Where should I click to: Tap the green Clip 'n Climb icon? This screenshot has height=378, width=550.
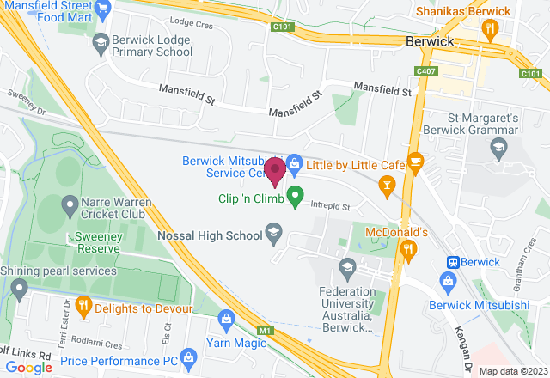pyautogui.click(x=295, y=198)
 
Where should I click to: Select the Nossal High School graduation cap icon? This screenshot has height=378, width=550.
pyautogui.click(x=274, y=230)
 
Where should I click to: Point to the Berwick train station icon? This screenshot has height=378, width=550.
pyautogui.click(x=450, y=262)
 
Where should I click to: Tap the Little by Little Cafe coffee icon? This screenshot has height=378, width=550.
pyautogui.click(x=415, y=161)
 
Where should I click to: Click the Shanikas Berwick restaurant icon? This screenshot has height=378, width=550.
pyautogui.click(x=490, y=29)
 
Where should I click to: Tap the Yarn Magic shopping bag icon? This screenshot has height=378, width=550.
pyautogui.click(x=225, y=319)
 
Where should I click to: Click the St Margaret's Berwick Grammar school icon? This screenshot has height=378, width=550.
pyautogui.click(x=498, y=149)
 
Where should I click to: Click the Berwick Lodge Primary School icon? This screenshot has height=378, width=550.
pyautogui.click(x=101, y=40)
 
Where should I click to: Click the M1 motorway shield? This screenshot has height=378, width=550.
pyautogui.click(x=266, y=329)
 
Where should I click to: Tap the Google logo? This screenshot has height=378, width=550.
pyautogui.click(x=28, y=367)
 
